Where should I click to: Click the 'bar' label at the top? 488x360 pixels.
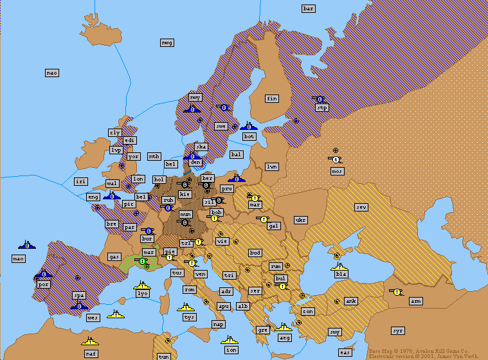[309, 8]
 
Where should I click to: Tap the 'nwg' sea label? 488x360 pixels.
[167, 42]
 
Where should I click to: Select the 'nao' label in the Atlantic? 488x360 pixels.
[52, 73]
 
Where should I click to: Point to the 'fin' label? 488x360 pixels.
[272, 98]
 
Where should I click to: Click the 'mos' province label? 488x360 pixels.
[337, 171]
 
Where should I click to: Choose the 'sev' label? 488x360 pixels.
[361, 207]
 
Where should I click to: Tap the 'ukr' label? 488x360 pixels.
[300, 220]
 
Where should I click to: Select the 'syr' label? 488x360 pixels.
[398, 330]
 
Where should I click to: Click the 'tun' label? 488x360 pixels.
[164, 356]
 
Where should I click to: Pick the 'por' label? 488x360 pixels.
[43, 283]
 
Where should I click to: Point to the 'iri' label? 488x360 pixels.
[80, 182]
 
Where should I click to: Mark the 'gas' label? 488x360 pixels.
[114, 256]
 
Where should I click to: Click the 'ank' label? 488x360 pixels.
[351, 301]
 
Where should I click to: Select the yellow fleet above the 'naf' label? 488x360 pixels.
[90, 340]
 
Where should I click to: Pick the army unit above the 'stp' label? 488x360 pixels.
[320, 99]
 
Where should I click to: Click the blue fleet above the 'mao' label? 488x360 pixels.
[28, 244]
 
